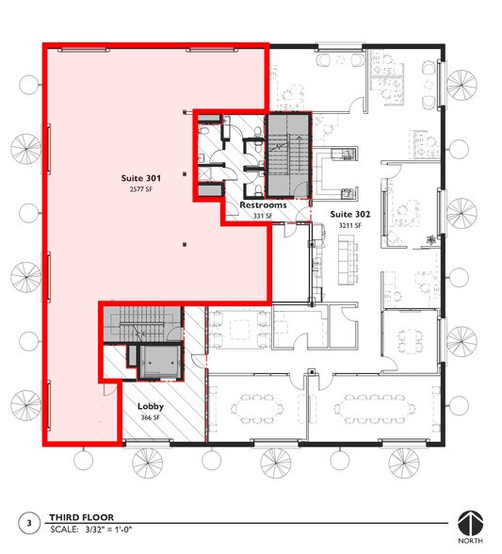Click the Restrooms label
(x=263, y=204)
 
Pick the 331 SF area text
(x=263, y=216)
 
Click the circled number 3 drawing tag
(x=29, y=522)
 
